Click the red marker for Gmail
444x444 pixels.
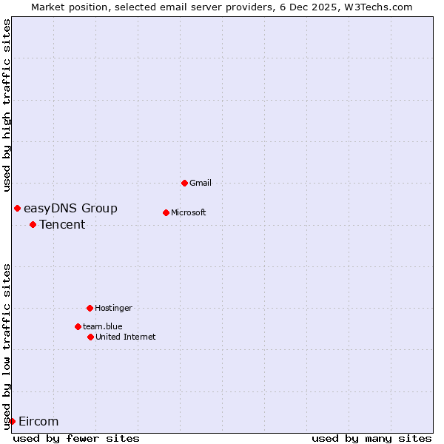(184, 183)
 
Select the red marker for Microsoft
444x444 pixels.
(166, 212)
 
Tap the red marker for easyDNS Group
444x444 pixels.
(17, 208)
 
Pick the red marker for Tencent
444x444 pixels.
(33, 224)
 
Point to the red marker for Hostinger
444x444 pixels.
(90, 308)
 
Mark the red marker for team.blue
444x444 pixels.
(78, 326)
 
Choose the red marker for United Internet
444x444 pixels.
(90, 337)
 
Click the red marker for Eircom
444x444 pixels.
(12, 421)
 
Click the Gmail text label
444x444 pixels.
(201, 183)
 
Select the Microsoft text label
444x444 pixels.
(189, 212)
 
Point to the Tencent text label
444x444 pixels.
(62, 225)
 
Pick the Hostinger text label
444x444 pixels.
(113, 308)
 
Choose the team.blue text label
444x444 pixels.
(103, 326)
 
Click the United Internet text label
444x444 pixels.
(126, 337)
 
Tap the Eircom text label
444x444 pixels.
(38, 422)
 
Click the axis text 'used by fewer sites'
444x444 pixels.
(76, 438)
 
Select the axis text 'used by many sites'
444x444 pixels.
(371, 438)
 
